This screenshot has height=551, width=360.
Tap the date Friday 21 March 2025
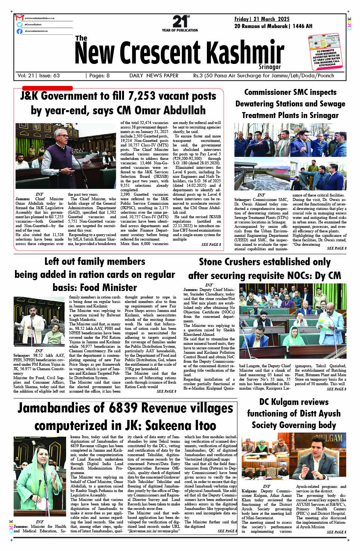pos(262,19)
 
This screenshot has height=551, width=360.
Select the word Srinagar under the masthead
pos(269,67)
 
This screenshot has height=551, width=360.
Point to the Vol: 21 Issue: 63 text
pos(38,75)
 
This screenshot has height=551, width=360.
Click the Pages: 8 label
pos(99,75)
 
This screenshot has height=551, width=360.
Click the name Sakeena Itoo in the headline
pos(181,425)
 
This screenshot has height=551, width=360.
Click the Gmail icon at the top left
pos(19,18)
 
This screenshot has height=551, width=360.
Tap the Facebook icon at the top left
pos(19,31)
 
